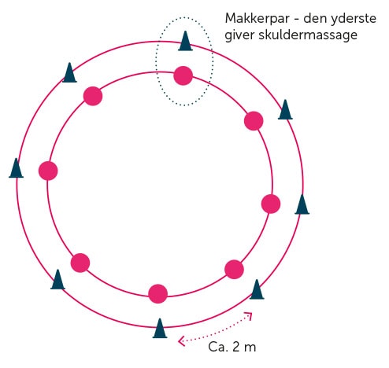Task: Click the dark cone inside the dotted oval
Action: pos(185,41)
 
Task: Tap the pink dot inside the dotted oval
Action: pos(183,75)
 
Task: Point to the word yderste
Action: pos(354,19)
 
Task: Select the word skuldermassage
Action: pos(308,35)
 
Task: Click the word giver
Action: pos(239,35)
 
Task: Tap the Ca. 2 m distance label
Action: pos(232,347)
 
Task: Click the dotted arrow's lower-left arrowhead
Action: pos(181,341)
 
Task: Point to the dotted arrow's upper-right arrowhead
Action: pos(249,315)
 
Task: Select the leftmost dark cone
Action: pos(16,168)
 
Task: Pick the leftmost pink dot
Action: pos(48,171)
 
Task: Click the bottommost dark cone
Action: pos(160,328)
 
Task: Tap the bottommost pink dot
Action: pos(157,293)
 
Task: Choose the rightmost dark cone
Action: pos(302,204)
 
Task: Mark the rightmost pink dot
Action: pos(271,204)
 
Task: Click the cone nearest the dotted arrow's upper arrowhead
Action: pos(257,289)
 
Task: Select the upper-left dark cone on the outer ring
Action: pos(69,72)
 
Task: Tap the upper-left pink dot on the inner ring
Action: pos(93,96)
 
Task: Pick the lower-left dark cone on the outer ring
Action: pos(57,279)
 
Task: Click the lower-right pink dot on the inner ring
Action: pos(234,270)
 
